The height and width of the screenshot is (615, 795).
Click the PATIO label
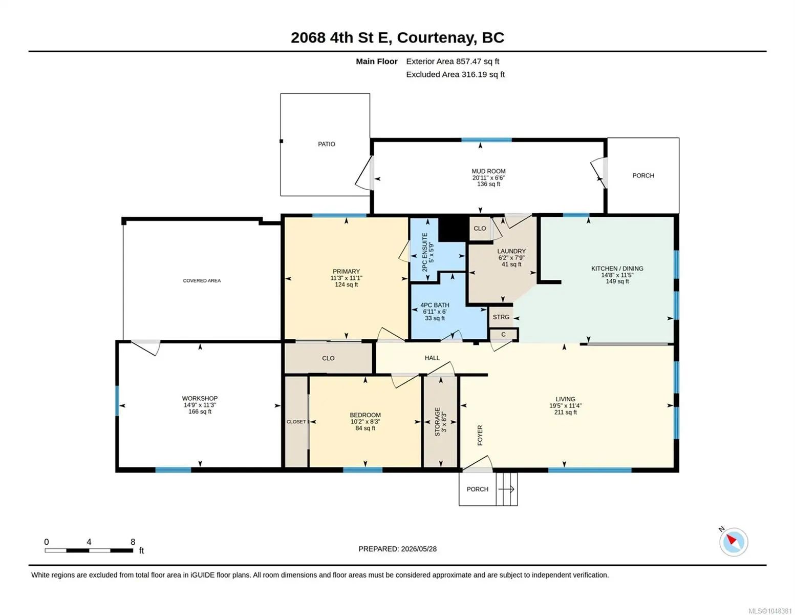coord(326,144)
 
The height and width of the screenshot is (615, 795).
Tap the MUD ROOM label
coord(488,171)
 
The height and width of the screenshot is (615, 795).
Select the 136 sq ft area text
coord(488,184)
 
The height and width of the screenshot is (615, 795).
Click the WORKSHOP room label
coord(200,398)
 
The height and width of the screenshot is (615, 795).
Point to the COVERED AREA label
coord(202,280)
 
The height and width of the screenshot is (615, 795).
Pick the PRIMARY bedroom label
coord(346,272)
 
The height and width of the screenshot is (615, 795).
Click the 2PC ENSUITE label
coord(424,252)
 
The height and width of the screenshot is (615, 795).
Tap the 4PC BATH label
coord(435,305)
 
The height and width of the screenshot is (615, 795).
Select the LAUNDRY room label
coord(511,251)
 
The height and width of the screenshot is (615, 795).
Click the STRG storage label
coord(501,317)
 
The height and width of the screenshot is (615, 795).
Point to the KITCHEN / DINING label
coord(617,269)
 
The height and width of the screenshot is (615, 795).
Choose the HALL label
coord(432,358)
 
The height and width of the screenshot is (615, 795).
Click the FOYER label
coord(480,435)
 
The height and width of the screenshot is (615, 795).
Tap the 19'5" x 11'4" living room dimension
coord(565,405)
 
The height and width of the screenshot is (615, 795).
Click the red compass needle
coord(731,539)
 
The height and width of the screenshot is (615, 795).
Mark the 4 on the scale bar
coord(89,542)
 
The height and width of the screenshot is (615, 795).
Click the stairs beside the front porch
coord(507,489)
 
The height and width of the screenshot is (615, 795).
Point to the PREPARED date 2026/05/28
coord(419,549)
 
